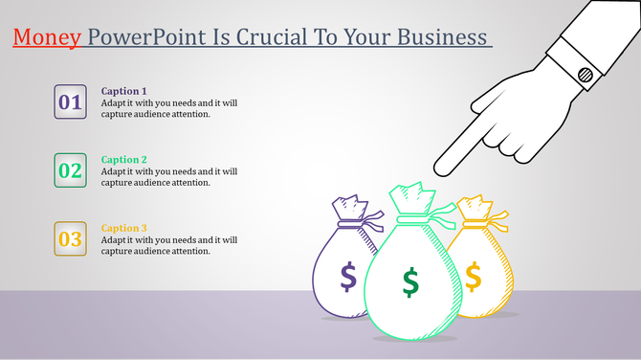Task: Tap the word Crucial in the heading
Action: [x=297, y=37]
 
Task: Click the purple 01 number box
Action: [x=71, y=101]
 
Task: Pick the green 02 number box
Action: [x=71, y=171]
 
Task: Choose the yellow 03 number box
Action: [x=71, y=239]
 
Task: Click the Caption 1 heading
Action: [x=124, y=91]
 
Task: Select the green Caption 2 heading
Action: [x=124, y=160]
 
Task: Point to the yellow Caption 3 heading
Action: [x=124, y=228]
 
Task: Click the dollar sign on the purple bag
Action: [x=348, y=277]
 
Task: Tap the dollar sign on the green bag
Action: [x=410, y=282]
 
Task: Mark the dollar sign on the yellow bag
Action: [x=473, y=276]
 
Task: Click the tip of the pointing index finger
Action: [x=439, y=170]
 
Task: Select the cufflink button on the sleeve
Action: [x=585, y=73]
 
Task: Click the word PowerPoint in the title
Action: [x=141, y=37]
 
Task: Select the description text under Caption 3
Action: [x=169, y=245]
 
